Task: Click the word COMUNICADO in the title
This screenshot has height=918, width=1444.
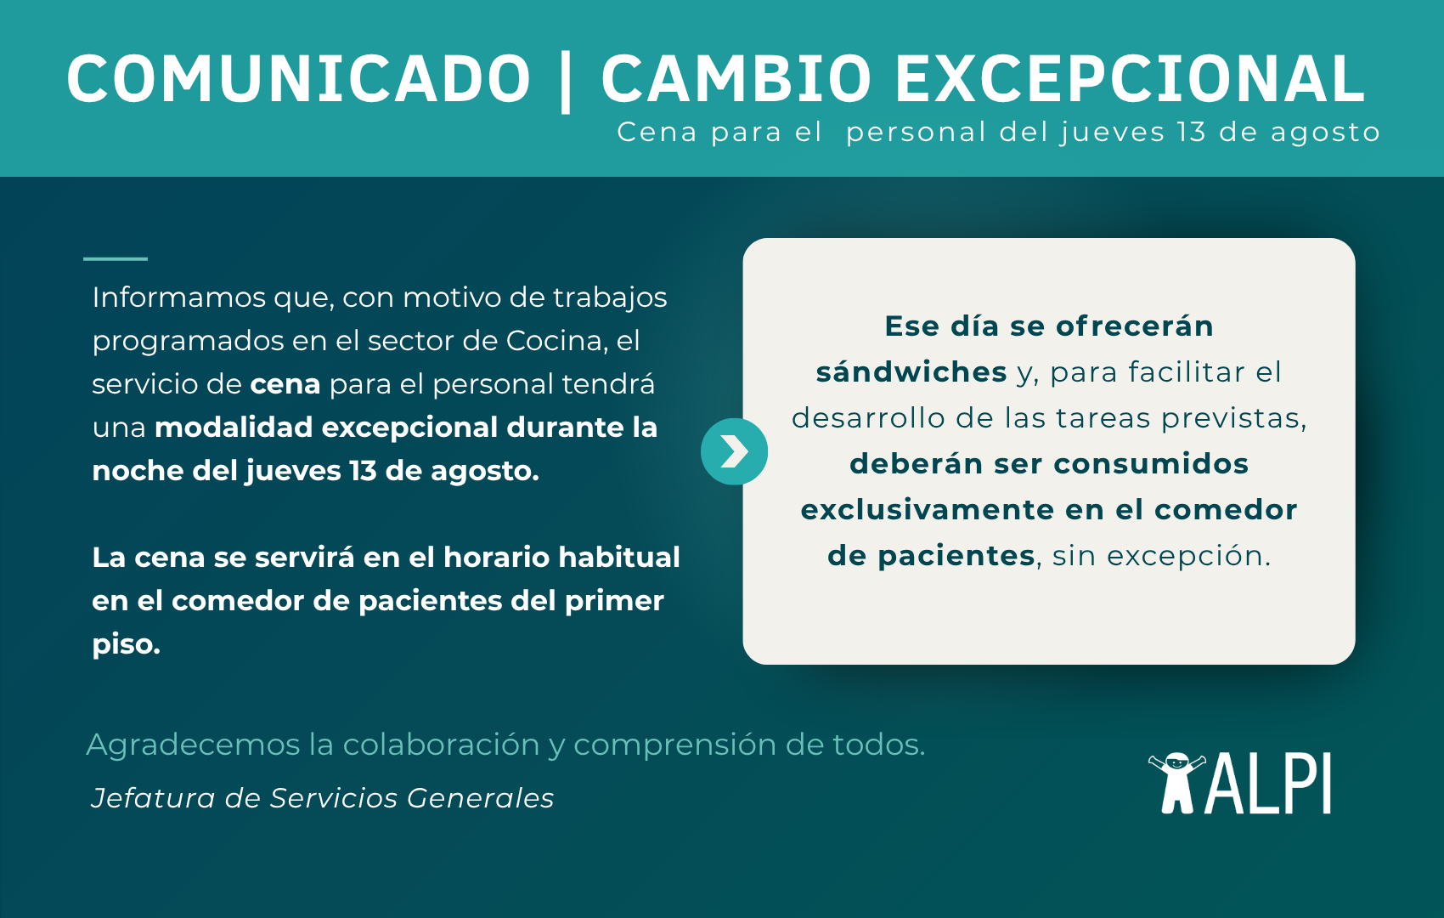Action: [x=298, y=79]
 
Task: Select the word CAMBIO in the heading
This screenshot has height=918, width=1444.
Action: [x=736, y=79]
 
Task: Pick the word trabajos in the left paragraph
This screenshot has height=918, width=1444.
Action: [x=610, y=298]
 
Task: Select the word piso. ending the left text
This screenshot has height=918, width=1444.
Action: [x=127, y=644]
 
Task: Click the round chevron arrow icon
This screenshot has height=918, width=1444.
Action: [x=734, y=451]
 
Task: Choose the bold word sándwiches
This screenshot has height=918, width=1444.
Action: [x=911, y=372]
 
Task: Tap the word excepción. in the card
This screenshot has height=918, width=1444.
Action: [x=1188, y=557]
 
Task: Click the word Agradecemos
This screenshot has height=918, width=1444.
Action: [x=194, y=745]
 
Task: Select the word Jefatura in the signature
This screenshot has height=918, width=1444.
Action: [x=152, y=799]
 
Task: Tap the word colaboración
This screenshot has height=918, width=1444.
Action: [x=441, y=745]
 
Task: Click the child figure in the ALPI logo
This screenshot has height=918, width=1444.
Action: [x=1177, y=783]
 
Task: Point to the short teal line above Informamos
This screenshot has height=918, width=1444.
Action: [x=116, y=258]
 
